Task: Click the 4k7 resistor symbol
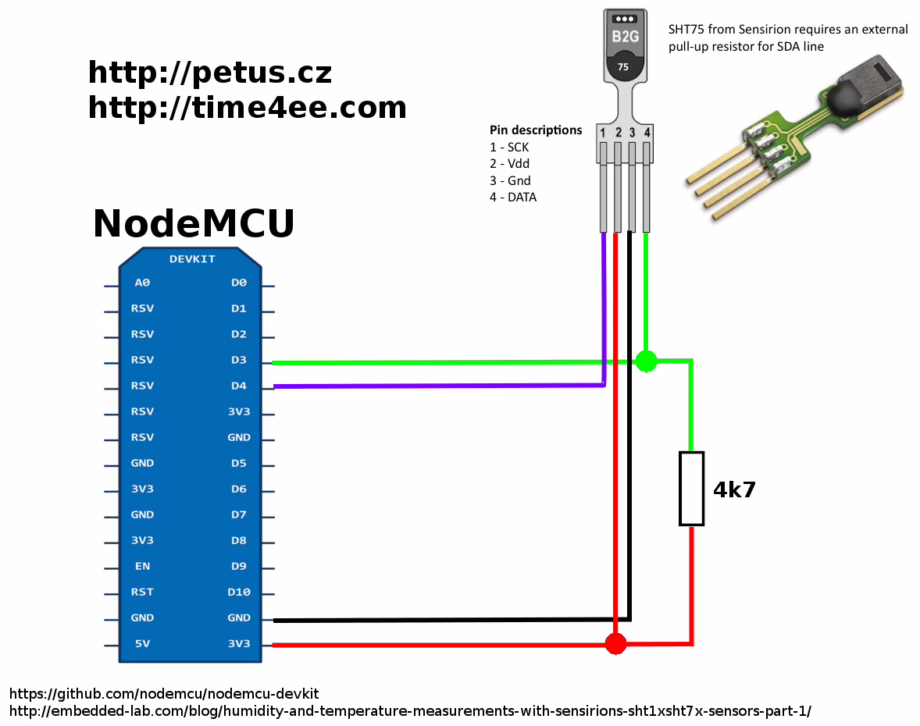click(691, 489)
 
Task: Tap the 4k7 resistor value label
click(734, 490)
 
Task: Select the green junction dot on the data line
click(646, 361)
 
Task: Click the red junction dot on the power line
click(616, 643)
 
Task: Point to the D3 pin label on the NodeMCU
click(238, 360)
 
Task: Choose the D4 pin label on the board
click(238, 386)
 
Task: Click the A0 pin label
click(141, 283)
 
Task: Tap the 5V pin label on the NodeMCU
click(141, 644)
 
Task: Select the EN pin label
click(141, 566)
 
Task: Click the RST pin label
click(141, 592)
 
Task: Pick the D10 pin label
click(238, 592)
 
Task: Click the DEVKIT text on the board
click(191, 259)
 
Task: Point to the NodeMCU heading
click(194, 224)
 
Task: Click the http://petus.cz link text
click(209, 73)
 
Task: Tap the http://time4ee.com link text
click(247, 108)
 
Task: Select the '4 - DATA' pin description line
click(513, 198)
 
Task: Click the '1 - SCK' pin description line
click(509, 147)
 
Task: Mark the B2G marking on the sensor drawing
click(624, 37)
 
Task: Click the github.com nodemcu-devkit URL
click(164, 694)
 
